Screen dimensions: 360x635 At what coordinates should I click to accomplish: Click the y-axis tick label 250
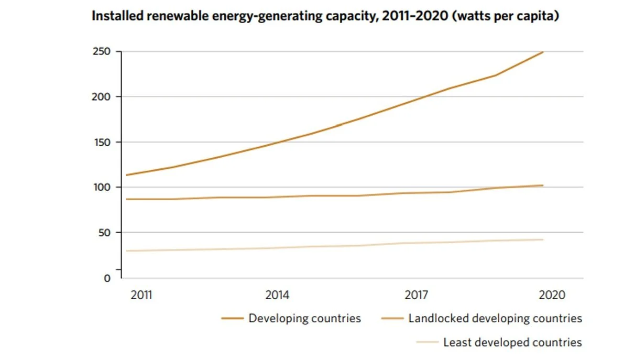tap(101, 52)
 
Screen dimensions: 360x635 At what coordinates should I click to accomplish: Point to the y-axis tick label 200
tap(101, 97)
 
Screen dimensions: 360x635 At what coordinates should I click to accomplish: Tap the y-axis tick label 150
tap(102, 142)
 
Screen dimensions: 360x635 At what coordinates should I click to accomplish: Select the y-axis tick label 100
tap(102, 187)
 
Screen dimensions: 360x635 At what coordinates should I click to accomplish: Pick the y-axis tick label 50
tap(104, 233)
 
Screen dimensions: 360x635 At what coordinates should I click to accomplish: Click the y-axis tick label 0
tap(107, 278)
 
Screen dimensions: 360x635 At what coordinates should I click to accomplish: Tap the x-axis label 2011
tap(141, 295)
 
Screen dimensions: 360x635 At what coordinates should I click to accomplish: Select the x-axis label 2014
tap(277, 295)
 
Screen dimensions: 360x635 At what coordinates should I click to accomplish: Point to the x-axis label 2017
tap(416, 295)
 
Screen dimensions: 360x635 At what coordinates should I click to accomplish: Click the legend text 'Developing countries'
tap(304, 318)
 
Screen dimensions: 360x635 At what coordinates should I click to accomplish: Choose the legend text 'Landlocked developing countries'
tap(495, 318)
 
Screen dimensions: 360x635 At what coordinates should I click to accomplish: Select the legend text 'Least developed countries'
tap(512, 343)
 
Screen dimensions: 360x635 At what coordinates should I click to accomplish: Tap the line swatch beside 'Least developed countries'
tap(427, 343)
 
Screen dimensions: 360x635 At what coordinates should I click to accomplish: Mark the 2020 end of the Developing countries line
tap(543, 52)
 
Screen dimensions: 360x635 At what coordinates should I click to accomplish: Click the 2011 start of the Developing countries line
tap(126, 175)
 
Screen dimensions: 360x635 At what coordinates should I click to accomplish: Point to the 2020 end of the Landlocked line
tap(543, 185)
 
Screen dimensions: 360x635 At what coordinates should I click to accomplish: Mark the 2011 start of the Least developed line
tap(126, 251)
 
